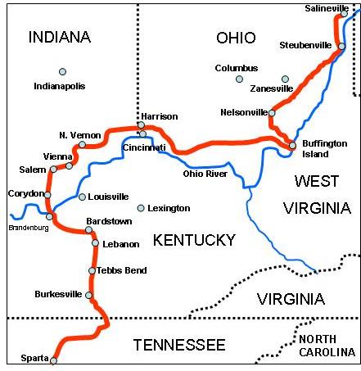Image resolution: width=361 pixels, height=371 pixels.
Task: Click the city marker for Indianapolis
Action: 62,71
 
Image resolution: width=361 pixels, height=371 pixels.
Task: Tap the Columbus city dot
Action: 239,79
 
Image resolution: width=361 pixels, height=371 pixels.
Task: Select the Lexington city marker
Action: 141,208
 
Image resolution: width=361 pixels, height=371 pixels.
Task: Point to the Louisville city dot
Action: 82,197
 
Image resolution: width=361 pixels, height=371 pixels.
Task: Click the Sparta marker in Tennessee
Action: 54,360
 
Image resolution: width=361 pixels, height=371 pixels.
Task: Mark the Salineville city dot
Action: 343,14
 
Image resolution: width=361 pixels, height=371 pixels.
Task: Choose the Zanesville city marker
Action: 286,79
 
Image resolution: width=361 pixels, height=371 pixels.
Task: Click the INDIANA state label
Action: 59,37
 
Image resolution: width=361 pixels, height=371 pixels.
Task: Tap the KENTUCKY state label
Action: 194,240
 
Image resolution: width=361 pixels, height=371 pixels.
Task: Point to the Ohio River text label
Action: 205,173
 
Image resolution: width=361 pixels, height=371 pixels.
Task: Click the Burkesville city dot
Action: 89,295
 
